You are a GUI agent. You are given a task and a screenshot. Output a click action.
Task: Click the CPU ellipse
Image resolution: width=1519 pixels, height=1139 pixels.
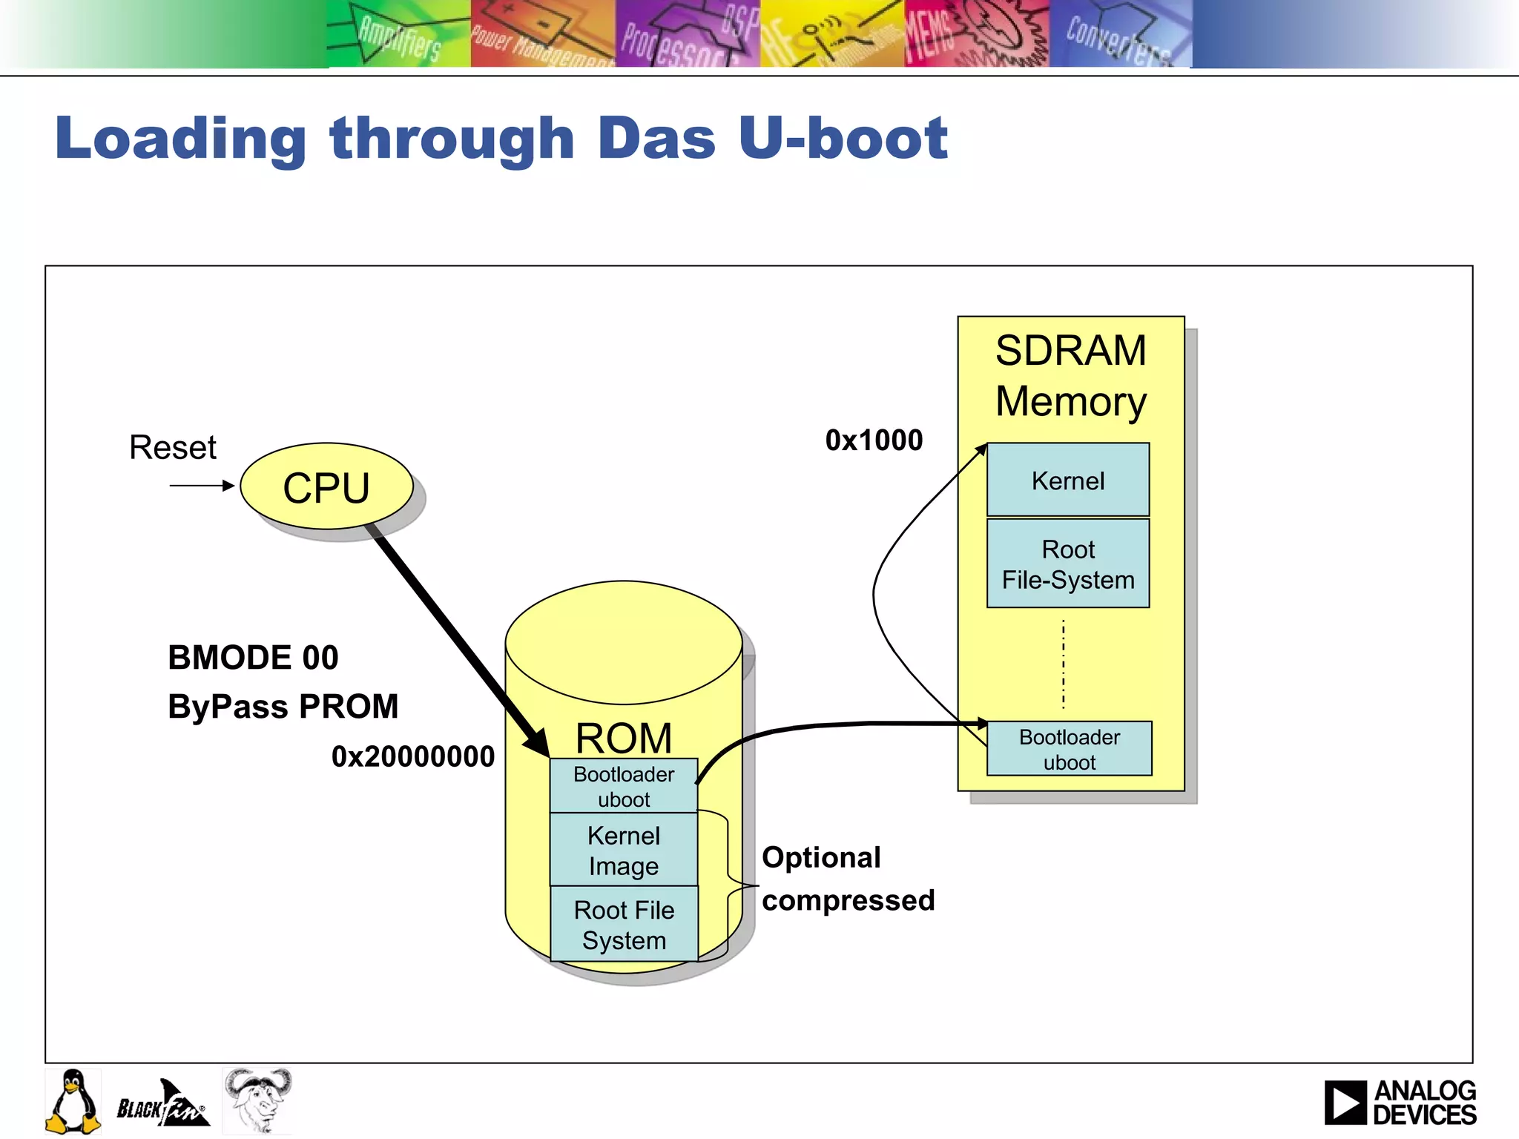[326, 486]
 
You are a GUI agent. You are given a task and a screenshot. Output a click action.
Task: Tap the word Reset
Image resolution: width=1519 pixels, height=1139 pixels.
[172, 447]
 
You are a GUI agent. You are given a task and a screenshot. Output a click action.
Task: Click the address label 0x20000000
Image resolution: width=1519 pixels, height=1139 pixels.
[412, 756]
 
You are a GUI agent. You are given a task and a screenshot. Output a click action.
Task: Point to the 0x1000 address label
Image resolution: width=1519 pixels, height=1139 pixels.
[874, 440]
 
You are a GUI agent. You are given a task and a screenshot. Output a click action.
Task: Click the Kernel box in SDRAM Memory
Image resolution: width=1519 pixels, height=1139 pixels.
[1067, 481]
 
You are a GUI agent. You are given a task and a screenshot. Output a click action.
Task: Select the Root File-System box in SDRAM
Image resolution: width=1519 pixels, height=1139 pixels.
[1067, 564]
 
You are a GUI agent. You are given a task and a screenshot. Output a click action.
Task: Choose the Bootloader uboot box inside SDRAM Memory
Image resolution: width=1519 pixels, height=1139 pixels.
[1069, 749]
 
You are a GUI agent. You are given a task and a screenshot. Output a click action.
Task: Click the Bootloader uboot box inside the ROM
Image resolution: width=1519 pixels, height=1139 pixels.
[623, 786]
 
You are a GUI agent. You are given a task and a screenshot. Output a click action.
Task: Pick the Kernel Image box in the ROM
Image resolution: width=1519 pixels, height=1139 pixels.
[623, 850]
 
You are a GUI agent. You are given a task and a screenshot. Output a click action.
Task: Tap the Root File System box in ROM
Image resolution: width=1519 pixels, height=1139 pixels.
[623, 924]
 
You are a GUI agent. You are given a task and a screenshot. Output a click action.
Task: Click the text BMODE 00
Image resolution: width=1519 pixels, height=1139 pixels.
[253, 658]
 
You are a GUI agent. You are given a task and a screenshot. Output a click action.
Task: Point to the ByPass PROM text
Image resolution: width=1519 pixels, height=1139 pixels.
[283, 706]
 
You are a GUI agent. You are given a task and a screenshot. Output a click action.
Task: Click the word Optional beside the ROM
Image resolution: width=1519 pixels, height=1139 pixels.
[821, 857]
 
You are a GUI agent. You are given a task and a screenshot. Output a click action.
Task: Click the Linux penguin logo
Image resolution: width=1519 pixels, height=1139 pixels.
[73, 1101]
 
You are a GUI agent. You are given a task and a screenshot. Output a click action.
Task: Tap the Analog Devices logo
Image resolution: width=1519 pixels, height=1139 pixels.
[1400, 1102]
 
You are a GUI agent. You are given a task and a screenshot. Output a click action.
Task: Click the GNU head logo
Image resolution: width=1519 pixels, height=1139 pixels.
[257, 1100]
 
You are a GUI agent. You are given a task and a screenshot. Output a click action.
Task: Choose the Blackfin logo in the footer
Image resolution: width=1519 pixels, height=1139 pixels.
[162, 1104]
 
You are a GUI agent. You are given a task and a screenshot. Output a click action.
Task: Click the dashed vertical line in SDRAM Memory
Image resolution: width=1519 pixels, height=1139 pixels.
[1064, 664]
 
